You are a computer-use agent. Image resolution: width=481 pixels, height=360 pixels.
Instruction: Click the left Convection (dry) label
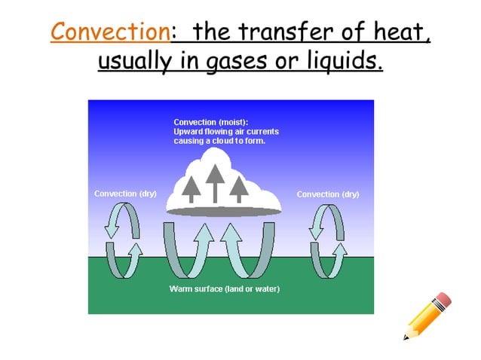pos(125,194)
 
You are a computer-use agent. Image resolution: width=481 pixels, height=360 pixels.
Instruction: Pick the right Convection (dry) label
pos(328,194)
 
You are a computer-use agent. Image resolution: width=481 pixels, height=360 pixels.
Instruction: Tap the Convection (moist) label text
pos(210,122)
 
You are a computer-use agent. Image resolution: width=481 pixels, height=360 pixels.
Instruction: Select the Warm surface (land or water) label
pos(224,289)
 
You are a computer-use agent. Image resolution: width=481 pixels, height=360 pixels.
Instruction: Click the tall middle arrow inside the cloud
pos(216,182)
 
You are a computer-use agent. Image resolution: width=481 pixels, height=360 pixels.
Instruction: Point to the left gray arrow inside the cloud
pos(191,189)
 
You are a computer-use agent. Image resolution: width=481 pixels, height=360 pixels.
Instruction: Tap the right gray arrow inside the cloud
pos(240,188)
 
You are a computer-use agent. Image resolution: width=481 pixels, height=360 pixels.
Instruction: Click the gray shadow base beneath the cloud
pos(223,212)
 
